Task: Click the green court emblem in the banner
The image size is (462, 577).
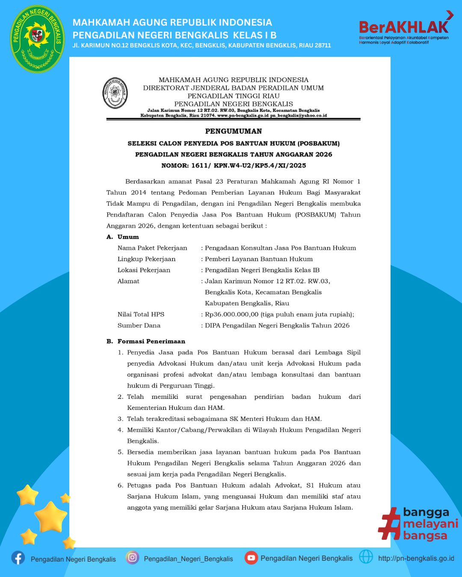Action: (x=38, y=39)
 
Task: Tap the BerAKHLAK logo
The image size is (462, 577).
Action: (x=404, y=28)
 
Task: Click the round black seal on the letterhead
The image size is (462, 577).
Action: (x=115, y=93)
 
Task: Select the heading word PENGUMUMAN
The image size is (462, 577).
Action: (x=234, y=131)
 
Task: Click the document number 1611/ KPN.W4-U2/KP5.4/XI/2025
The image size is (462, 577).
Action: (x=249, y=165)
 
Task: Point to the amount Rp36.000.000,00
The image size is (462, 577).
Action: (x=231, y=315)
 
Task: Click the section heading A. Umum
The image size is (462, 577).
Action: (x=123, y=237)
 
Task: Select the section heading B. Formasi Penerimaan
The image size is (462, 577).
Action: (x=146, y=341)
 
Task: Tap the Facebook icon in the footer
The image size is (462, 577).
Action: (x=18, y=558)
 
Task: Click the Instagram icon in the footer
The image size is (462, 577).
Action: (x=132, y=557)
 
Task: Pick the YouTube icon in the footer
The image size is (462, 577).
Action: (x=251, y=557)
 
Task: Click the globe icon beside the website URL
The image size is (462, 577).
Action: (x=366, y=556)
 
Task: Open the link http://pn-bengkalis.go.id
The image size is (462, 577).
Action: (x=416, y=558)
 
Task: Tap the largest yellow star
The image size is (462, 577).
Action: (x=50, y=517)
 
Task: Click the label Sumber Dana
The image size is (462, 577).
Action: (x=139, y=326)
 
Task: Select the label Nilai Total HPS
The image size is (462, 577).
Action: (x=141, y=315)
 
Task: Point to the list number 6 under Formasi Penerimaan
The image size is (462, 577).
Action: (x=120, y=486)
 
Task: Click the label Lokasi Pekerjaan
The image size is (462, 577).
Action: (x=144, y=270)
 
